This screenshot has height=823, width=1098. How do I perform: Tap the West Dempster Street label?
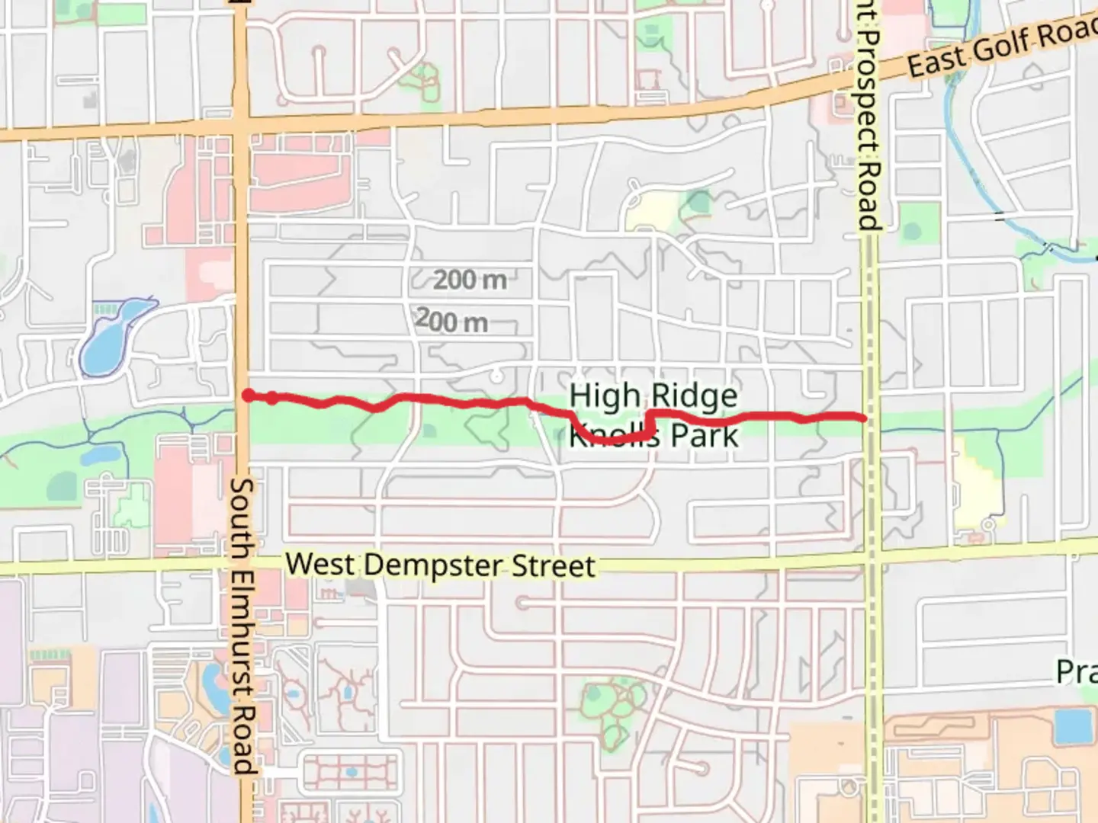click(440, 565)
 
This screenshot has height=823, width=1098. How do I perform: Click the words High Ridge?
click(653, 396)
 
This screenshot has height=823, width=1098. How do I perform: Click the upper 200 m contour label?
click(470, 280)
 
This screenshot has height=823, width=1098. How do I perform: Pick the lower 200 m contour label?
click(452, 321)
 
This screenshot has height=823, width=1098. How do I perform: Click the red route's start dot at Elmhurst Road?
click(249, 395)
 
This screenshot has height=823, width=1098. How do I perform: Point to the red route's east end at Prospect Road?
click(862, 417)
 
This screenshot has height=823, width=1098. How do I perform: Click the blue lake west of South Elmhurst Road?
click(107, 339)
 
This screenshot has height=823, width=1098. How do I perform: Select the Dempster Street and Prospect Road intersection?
click(874, 556)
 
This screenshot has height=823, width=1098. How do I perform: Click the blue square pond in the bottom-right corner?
click(1074, 725)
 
